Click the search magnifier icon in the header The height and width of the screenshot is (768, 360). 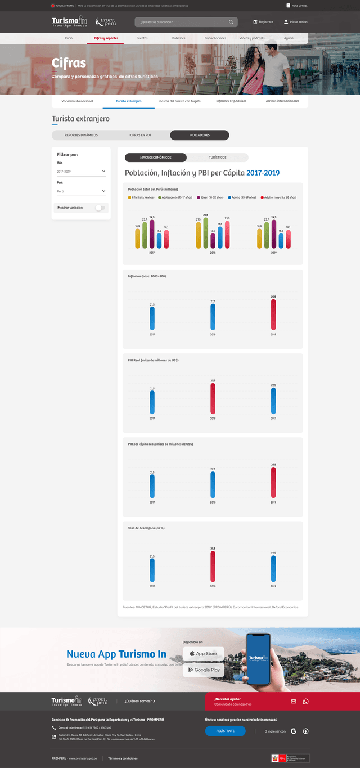pyautogui.click(x=231, y=22)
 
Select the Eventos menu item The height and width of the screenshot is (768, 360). pyautogui.click(x=142, y=38)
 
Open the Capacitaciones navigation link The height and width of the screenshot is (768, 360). pyautogui.click(x=215, y=38)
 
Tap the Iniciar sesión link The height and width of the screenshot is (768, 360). pyautogui.click(x=296, y=22)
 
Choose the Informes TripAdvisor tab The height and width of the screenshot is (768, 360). pyautogui.click(x=231, y=101)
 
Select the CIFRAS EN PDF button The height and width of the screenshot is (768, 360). pyautogui.click(x=141, y=135)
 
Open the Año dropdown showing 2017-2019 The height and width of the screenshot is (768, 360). pyautogui.click(x=81, y=172)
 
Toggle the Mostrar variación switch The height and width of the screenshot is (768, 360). pyautogui.click(x=100, y=208)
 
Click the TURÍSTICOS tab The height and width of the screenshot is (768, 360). pyautogui.click(x=218, y=158)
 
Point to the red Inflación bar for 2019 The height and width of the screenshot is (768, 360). pyautogui.click(x=273, y=315)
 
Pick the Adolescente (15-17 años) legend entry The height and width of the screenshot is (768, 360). pyautogui.click(x=175, y=197)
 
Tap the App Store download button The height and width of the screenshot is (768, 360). pyautogui.click(x=203, y=654)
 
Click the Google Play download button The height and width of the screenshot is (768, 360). pyautogui.click(x=203, y=670)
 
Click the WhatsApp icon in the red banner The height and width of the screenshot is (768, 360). pyautogui.click(x=306, y=702)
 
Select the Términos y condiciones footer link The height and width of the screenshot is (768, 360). pyautogui.click(x=123, y=758)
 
